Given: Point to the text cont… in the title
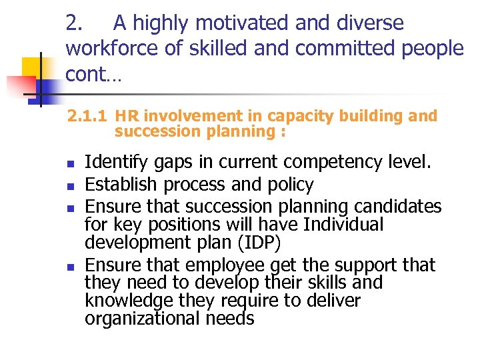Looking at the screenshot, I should [x=93, y=74].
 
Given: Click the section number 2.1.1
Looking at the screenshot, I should [x=87, y=117].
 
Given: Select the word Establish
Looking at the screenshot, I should [x=115, y=184].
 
